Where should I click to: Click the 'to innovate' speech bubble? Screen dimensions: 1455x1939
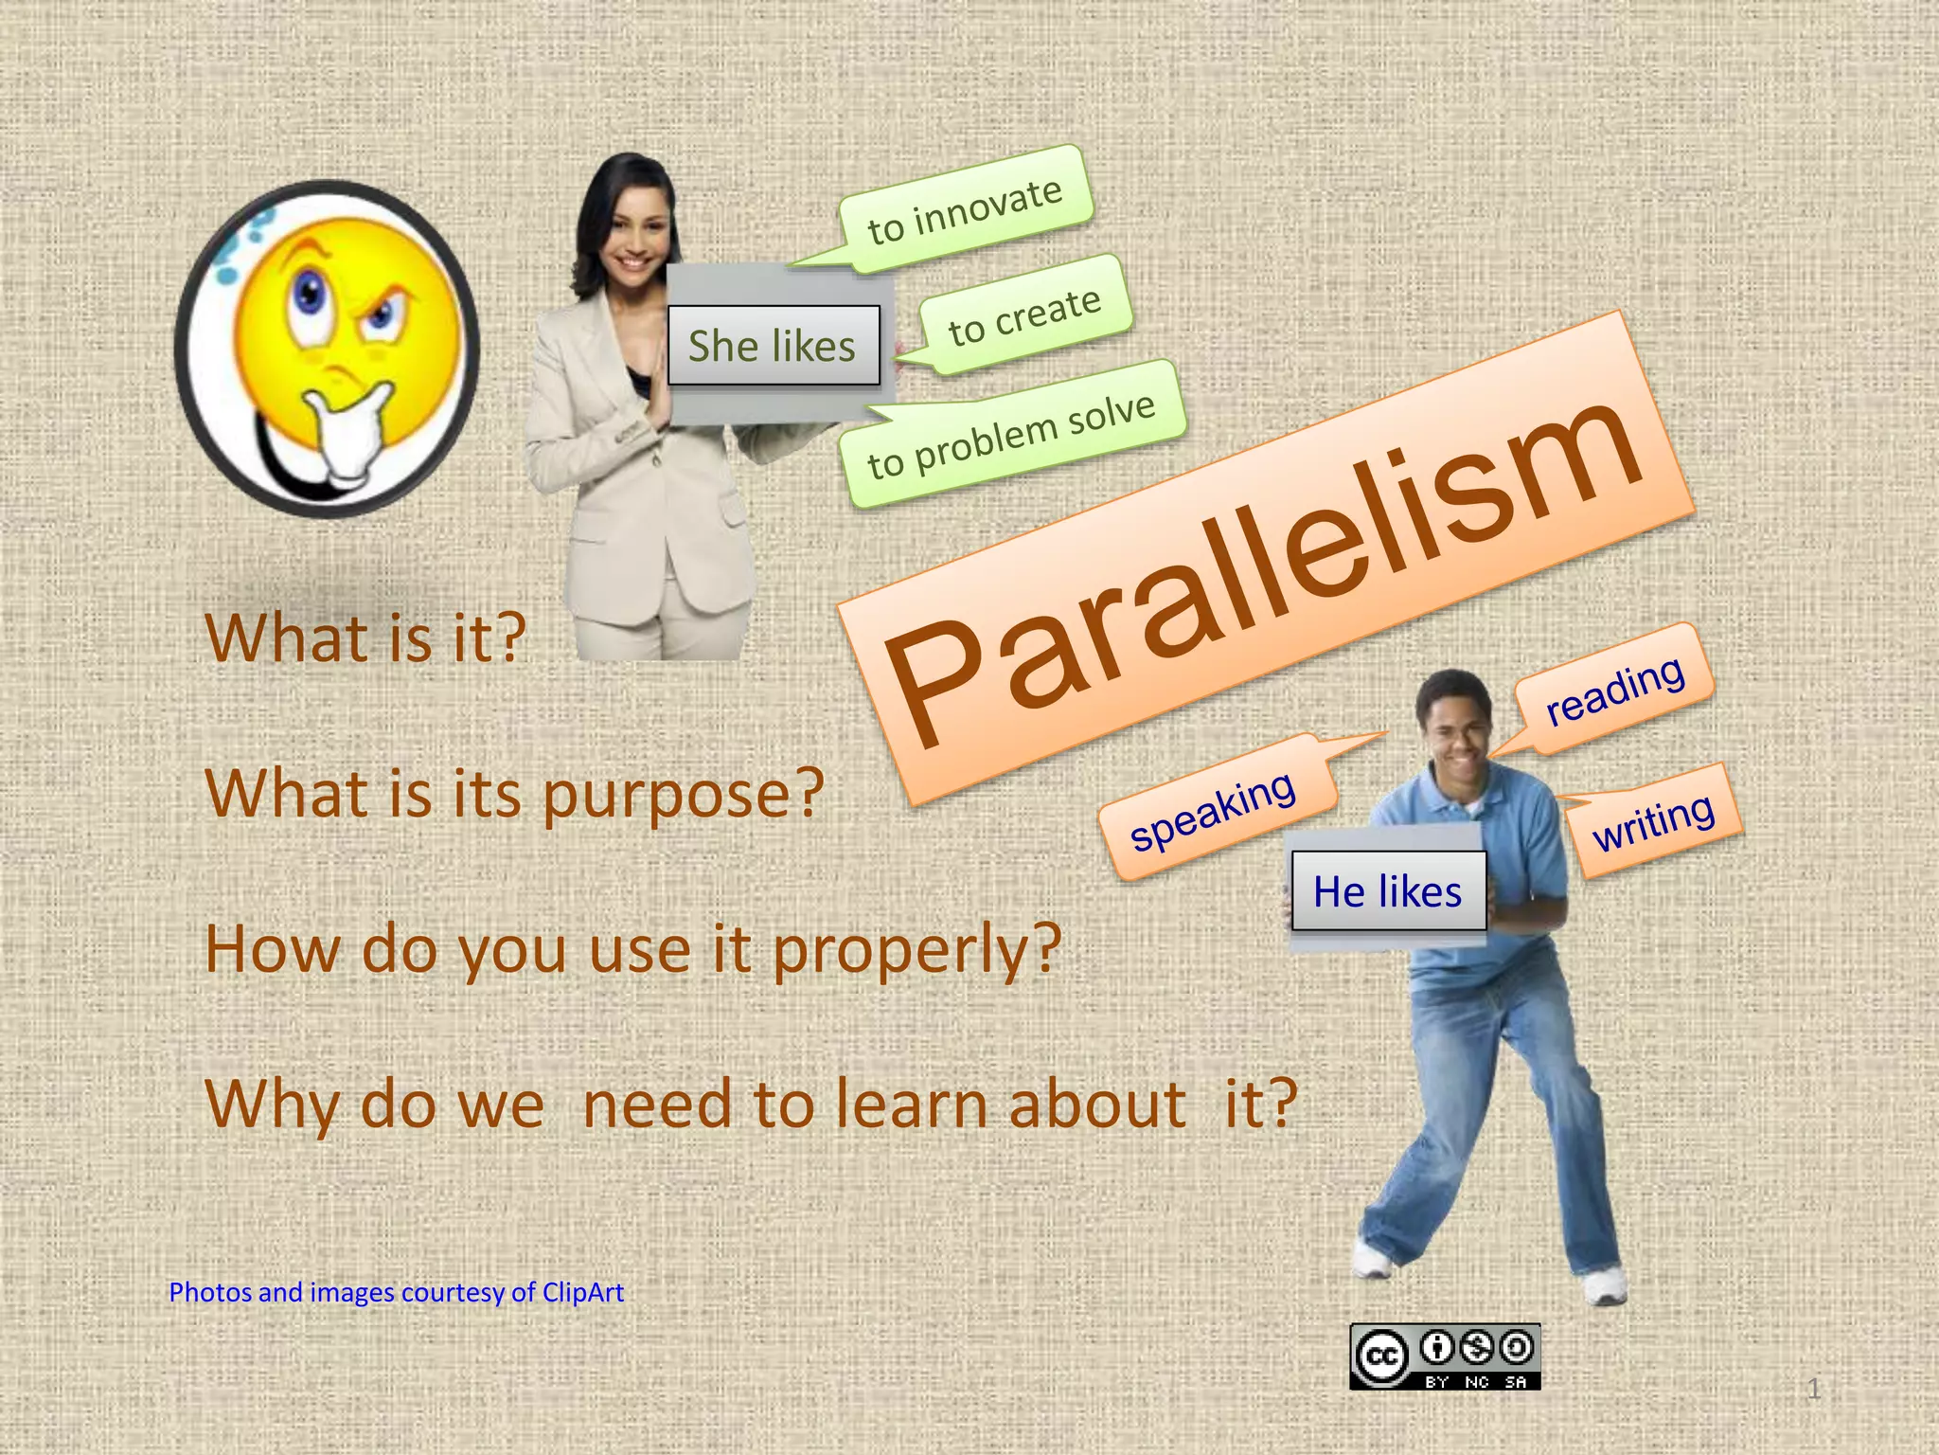tap(966, 211)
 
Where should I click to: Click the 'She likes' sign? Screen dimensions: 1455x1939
tap(773, 346)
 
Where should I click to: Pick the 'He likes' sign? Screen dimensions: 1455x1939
tap(1387, 891)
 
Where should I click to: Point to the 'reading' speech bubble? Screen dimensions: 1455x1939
tap(1615, 690)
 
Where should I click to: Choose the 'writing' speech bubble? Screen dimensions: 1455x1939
tap(1653, 821)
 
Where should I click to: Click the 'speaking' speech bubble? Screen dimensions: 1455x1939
tap(1213, 810)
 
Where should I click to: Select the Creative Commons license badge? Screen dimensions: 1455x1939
tap(1445, 1356)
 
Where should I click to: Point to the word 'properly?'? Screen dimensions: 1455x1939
tap(916, 949)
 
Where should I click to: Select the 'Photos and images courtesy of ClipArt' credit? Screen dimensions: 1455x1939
tap(396, 1292)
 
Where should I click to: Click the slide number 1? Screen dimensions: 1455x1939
tap(1813, 1390)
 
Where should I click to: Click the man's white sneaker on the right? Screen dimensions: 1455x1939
tap(1604, 1286)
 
